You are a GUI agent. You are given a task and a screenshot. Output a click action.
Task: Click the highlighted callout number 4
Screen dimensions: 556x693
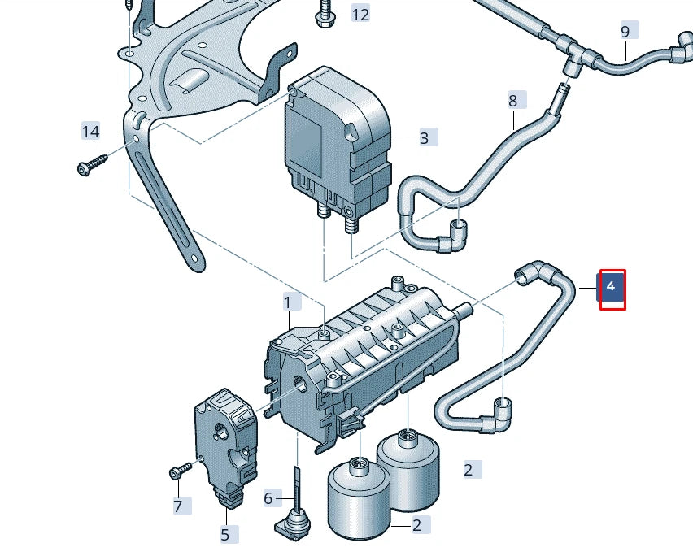point(612,288)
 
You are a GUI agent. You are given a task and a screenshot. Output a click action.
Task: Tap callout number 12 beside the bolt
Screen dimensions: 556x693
point(360,14)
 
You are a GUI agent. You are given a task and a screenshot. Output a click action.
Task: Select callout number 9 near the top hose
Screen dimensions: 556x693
point(625,32)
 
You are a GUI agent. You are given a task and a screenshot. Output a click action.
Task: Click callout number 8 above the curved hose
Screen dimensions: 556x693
point(512,101)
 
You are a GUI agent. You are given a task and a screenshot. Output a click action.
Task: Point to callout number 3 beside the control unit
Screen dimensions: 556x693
point(424,137)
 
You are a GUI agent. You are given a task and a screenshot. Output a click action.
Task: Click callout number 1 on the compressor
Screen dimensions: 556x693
point(287,302)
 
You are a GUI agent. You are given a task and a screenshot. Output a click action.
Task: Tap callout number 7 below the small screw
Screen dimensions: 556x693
point(178,506)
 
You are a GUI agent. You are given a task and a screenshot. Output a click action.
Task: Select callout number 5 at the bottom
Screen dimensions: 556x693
point(225,534)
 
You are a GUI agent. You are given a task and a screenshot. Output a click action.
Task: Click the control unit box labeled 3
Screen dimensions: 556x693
point(335,138)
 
